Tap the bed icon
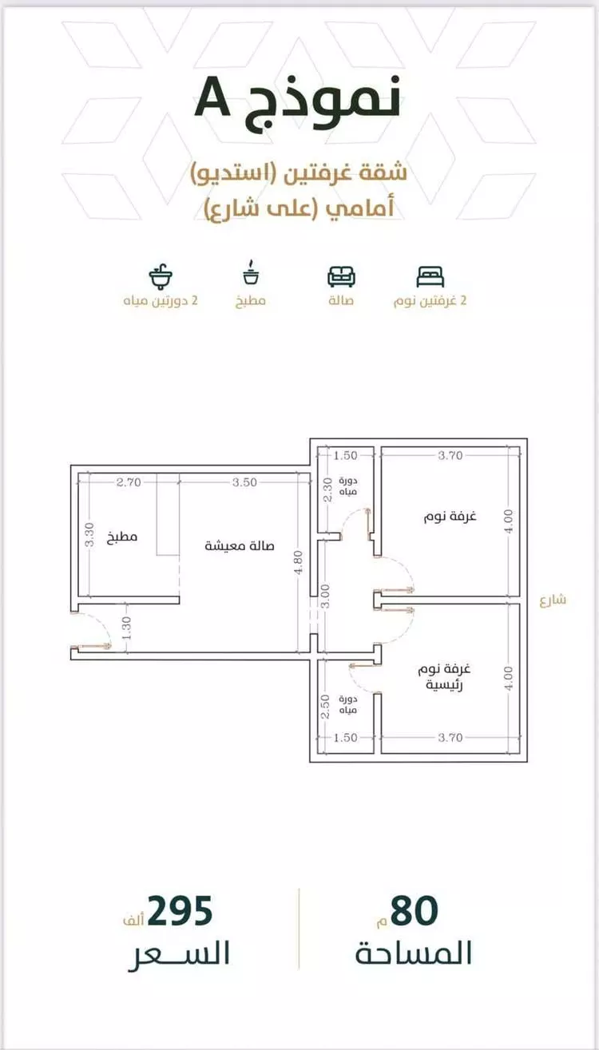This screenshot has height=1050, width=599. click(430, 276)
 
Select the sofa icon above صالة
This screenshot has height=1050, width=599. click(341, 276)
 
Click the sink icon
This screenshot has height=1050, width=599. click(161, 276)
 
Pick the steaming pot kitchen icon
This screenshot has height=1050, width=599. click(252, 272)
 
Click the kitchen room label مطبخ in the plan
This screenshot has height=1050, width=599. click(122, 537)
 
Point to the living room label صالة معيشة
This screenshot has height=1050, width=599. click(240, 545)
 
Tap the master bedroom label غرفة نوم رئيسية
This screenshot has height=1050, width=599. click(444, 676)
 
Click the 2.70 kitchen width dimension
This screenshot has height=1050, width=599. click(129, 481)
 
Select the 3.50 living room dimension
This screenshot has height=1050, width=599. click(244, 481)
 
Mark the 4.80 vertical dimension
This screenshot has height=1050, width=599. click(298, 561)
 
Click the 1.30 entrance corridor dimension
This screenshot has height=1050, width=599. click(126, 628)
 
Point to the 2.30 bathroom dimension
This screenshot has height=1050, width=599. click(328, 489)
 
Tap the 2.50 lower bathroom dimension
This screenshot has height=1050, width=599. click(325, 707)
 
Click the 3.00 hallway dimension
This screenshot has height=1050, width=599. click(325, 596)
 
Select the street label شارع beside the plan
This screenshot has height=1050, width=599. click(553, 600)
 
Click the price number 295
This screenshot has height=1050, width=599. click(180, 911)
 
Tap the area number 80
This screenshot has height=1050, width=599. click(414, 911)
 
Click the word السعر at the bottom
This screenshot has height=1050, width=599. click(179, 954)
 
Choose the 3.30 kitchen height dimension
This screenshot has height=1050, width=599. click(89, 535)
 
